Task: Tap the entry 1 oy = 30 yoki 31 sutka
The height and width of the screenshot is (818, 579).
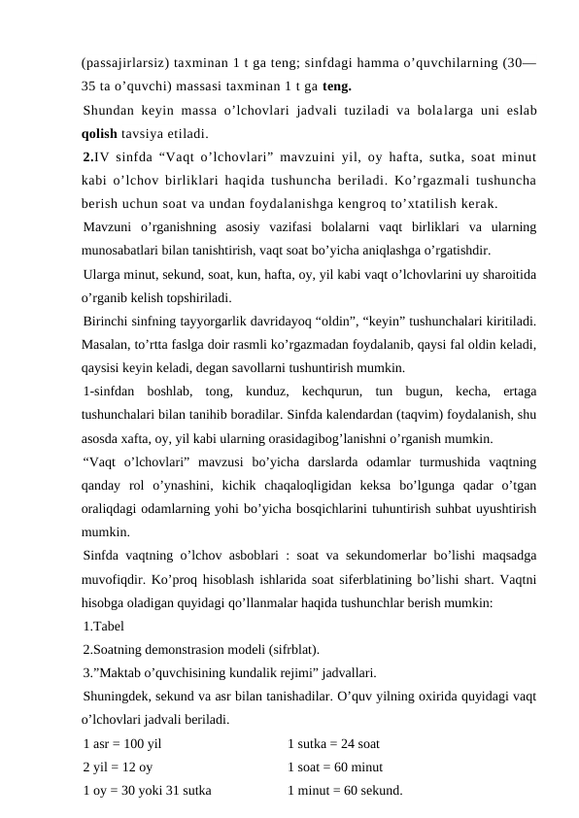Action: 148,790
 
